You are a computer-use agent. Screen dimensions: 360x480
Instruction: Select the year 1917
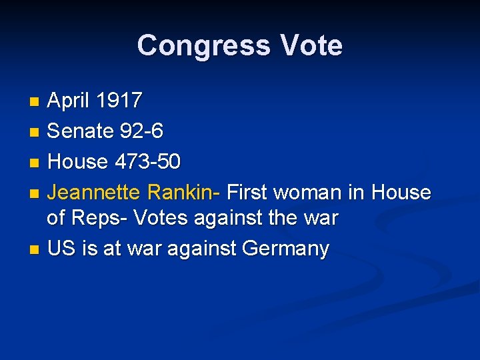(x=119, y=101)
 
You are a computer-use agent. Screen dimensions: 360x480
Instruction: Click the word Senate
(x=81, y=131)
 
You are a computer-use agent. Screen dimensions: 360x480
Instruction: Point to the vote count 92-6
(x=141, y=131)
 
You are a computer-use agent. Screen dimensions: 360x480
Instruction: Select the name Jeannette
(x=94, y=193)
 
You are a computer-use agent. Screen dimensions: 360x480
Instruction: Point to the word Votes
(x=161, y=218)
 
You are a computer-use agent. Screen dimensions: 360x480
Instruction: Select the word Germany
(x=286, y=249)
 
